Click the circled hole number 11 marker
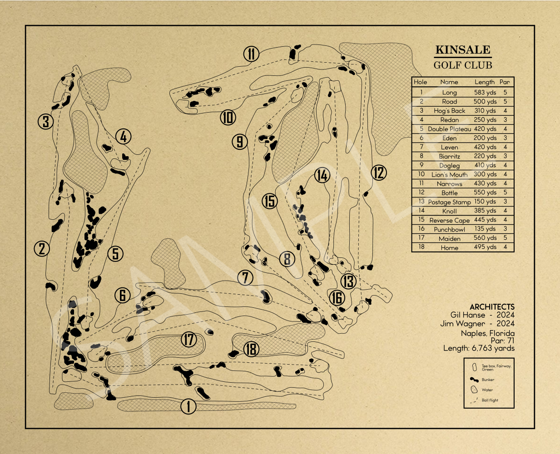point(251,54)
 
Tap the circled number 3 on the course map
point(46,121)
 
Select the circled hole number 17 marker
point(189,339)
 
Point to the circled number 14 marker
point(322,175)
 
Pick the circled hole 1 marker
point(188,406)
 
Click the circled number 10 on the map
point(228,117)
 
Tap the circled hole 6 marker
point(123,295)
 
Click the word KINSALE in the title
point(463,49)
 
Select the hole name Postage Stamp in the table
point(449,202)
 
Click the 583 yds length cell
point(485,93)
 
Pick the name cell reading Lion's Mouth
point(449,175)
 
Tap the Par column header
point(505,82)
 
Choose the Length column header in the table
point(485,82)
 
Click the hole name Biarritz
point(449,156)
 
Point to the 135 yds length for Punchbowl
point(485,229)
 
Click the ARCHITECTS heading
point(492,306)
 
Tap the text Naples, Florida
point(488,333)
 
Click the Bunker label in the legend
point(488,380)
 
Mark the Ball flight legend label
point(490,400)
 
